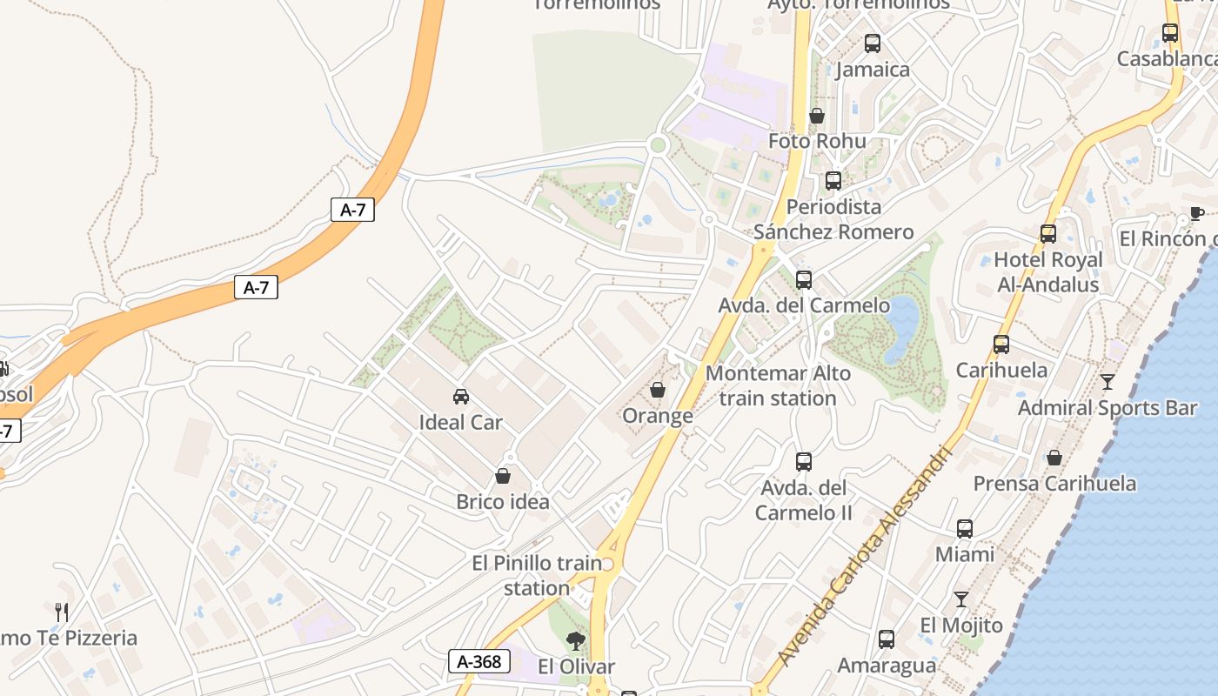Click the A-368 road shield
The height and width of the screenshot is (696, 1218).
[x=479, y=661]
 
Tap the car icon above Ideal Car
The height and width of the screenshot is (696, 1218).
[x=461, y=397]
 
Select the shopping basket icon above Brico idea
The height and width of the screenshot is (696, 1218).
[x=502, y=476]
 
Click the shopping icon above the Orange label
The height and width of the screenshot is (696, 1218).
[x=658, y=390]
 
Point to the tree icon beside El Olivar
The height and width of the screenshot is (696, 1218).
[x=575, y=642]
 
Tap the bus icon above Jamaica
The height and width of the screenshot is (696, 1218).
[x=872, y=43]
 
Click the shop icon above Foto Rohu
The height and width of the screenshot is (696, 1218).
[x=816, y=115]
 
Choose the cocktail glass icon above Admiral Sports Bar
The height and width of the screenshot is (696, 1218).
[x=1107, y=381]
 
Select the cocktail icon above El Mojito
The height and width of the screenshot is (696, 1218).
[x=960, y=599]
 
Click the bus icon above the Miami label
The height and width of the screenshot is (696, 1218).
[x=964, y=528]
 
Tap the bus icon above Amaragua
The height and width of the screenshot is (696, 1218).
[x=886, y=639]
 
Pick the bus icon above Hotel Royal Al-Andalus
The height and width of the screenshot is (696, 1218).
[x=1047, y=233]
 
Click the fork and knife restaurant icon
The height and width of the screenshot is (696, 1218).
[x=61, y=612]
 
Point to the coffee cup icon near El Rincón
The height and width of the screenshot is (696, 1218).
[x=1196, y=214]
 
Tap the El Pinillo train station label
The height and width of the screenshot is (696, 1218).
[x=537, y=575]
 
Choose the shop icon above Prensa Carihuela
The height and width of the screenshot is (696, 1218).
[x=1054, y=458]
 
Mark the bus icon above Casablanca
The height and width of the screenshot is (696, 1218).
[x=1170, y=33]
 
